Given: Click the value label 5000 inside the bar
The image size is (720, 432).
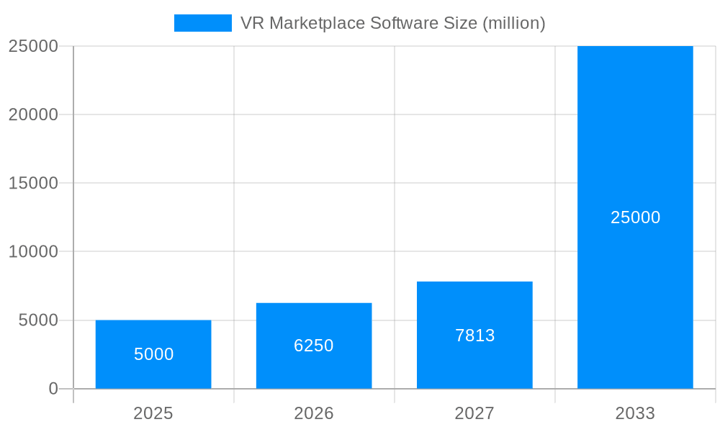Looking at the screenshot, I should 153,354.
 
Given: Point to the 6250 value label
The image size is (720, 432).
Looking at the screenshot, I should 314,346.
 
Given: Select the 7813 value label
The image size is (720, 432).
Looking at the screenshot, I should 474,336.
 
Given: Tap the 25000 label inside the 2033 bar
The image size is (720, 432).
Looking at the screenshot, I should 635,217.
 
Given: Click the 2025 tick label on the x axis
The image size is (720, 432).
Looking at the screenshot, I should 153,413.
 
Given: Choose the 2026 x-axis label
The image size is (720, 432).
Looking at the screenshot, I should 314,413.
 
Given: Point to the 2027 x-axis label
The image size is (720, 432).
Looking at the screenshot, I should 474,413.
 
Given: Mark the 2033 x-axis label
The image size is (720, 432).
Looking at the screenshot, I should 635,413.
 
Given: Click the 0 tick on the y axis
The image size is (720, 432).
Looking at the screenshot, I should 53,389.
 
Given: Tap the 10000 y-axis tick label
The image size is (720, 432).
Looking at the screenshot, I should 33,252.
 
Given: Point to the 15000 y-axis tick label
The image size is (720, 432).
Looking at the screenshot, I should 33,183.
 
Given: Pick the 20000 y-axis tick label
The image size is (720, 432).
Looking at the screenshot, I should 33,114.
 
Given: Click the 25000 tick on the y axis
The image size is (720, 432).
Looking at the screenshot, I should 33,46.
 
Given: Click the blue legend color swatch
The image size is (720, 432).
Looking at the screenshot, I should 203,23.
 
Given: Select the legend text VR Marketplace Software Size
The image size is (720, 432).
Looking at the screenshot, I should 392,23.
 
